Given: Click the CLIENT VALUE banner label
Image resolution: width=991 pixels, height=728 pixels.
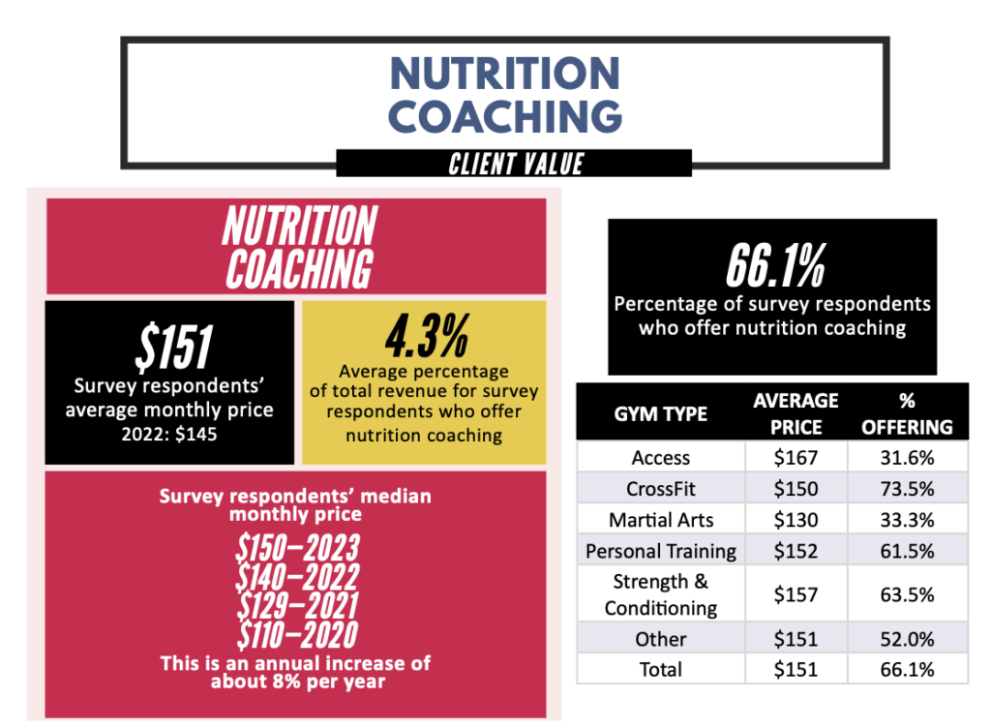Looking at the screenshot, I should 515,163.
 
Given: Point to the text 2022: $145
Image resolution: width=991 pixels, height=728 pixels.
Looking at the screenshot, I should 169,435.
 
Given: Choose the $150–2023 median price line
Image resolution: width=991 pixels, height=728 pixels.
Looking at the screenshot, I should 297,548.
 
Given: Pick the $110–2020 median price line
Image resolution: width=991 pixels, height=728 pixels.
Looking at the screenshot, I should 297,635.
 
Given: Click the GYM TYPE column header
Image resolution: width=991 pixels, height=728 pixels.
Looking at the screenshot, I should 661,413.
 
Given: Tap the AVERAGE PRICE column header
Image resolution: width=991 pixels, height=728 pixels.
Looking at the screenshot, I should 796,413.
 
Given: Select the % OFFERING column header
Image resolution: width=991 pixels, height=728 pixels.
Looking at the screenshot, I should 907,413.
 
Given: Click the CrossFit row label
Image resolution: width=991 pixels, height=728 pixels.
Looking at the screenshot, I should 661,489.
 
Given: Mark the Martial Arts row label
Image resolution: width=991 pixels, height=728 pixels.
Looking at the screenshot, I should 661,520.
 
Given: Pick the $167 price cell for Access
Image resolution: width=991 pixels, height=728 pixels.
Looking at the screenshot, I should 796,458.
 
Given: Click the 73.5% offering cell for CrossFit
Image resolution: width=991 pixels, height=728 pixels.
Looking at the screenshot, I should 907,489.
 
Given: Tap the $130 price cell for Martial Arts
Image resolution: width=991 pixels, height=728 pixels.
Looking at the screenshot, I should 796,520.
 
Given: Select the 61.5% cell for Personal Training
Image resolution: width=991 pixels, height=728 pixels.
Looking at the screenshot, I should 907,551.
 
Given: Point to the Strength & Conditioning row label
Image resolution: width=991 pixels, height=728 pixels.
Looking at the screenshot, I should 661,594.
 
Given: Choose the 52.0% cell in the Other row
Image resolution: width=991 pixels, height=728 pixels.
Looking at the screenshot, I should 907,639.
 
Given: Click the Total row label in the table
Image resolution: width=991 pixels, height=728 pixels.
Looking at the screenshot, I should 661,669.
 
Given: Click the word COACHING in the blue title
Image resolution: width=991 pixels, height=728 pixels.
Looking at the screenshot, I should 504,115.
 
